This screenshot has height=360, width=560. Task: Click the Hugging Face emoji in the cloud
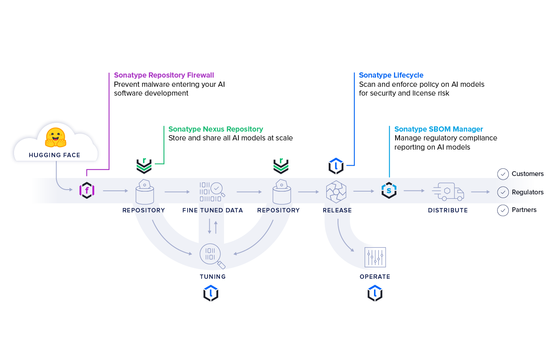click(55, 137)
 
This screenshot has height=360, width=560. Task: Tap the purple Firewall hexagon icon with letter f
click(87, 190)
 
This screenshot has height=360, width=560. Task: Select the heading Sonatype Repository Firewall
click(164, 75)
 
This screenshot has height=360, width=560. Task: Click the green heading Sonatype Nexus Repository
click(216, 129)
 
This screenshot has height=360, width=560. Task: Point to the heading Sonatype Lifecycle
click(391, 75)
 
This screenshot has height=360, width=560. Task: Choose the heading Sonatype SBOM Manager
click(438, 129)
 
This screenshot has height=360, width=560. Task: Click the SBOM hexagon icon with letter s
click(389, 190)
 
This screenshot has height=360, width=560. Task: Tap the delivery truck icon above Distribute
click(448, 192)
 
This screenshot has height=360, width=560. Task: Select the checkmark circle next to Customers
click(503, 174)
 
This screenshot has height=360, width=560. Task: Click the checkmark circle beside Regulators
click(503, 192)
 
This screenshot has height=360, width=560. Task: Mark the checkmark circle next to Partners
click(503, 210)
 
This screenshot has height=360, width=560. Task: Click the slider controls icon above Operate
click(375, 257)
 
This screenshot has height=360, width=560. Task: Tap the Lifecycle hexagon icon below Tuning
click(211, 293)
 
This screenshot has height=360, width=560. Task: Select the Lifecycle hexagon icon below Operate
click(375, 293)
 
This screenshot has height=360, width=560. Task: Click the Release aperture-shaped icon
click(336, 191)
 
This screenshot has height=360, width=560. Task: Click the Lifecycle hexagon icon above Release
click(336, 166)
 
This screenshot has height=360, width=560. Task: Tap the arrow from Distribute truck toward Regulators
click(480, 192)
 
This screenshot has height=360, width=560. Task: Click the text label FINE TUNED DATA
click(212, 210)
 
